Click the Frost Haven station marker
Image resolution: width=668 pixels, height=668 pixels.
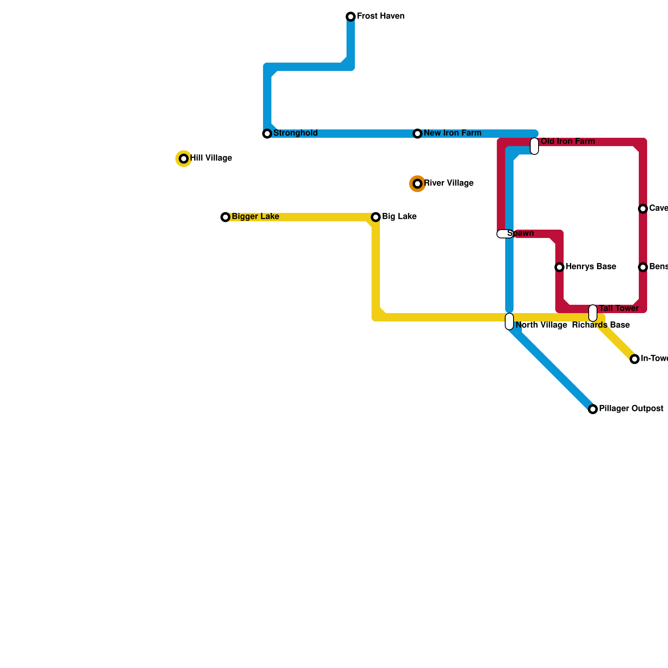pos(351,17)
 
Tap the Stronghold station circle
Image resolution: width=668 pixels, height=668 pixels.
pos(267,134)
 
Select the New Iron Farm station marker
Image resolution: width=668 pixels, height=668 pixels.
pos(417,134)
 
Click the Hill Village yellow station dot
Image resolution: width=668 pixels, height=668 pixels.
pos(184,159)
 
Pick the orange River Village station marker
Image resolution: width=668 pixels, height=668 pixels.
pos(417,184)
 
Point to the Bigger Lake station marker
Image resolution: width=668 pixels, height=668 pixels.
pos(225,217)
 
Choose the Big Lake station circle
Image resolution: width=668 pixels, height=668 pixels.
pos(376,217)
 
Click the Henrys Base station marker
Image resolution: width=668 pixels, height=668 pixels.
pos(559,267)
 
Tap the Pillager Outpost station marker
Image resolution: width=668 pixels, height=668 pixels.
pos(593,409)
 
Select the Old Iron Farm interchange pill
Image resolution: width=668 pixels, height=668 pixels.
pos(534,146)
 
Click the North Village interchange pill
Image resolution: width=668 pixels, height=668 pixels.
pos(509,321)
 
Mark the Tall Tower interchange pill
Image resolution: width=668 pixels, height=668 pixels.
pos(593,313)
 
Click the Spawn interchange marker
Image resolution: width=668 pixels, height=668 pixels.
pos(505,234)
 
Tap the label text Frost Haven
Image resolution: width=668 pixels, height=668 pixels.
pos(381,16)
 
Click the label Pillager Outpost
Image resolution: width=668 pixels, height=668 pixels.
pos(631,409)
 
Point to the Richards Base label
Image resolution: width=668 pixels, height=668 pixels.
pos(601,325)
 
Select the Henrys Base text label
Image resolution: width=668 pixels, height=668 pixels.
pos(591,267)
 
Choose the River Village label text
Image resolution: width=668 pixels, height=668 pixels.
pos(449,183)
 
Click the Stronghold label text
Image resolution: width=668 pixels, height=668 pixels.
pos(296,133)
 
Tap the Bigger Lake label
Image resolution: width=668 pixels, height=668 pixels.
pos(256,217)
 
